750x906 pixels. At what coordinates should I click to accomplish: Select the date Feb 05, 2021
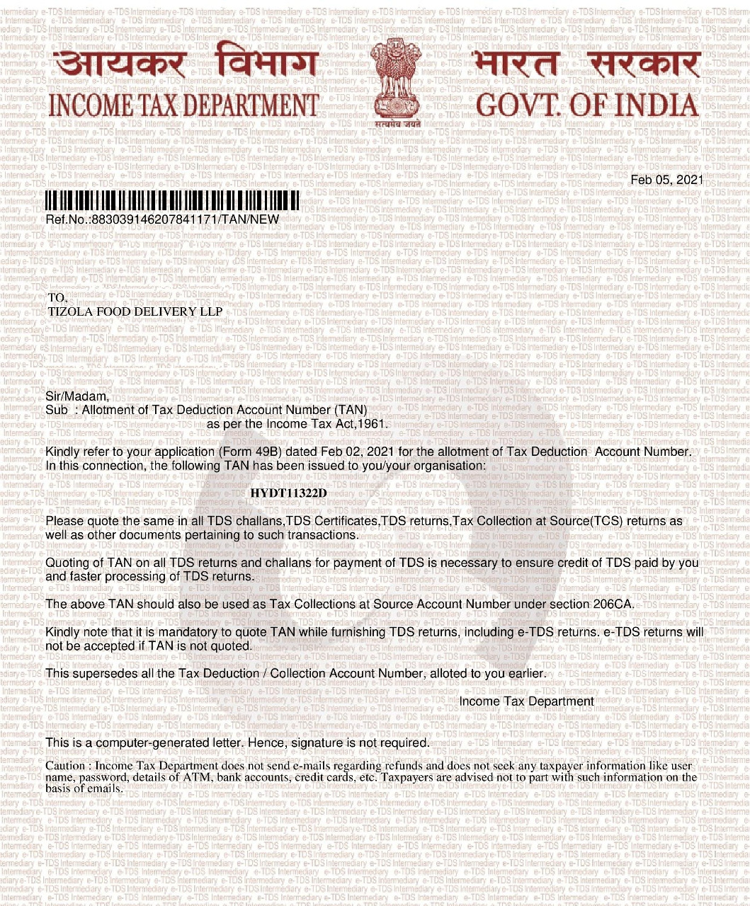tap(666, 180)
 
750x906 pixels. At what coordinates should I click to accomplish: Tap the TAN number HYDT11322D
tap(289, 493)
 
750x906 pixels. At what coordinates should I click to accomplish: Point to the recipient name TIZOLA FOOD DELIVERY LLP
tap(135, 311)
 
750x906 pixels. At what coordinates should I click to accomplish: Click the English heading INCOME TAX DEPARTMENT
tap(183, 106)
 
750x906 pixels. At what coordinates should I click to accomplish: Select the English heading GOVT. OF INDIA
tap(587, 106)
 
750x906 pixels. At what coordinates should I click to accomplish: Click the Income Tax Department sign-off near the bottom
tap(526, 701)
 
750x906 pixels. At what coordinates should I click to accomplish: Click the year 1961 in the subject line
tap(373, 424)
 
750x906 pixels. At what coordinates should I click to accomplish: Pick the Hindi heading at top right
tap(587, 65)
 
